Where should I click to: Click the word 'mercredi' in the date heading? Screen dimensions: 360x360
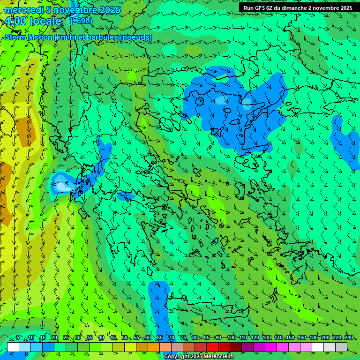21,10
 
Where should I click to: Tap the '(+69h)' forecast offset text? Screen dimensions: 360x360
81,21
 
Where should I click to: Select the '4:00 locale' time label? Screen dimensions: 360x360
32,21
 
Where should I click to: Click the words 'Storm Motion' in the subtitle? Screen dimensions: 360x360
28,37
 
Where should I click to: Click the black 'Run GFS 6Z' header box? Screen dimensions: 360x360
298,8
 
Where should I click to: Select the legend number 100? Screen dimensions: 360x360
231,337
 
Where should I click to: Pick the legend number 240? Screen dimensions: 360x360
348,337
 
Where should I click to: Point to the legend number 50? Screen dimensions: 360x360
125,337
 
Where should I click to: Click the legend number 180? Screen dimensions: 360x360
313,337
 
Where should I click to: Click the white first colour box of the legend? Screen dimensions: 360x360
13,346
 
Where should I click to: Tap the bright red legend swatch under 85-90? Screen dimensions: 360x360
212,346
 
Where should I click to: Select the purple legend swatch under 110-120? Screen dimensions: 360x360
247,346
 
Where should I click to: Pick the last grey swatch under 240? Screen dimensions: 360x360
341,346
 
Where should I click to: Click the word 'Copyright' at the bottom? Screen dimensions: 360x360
176,357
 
